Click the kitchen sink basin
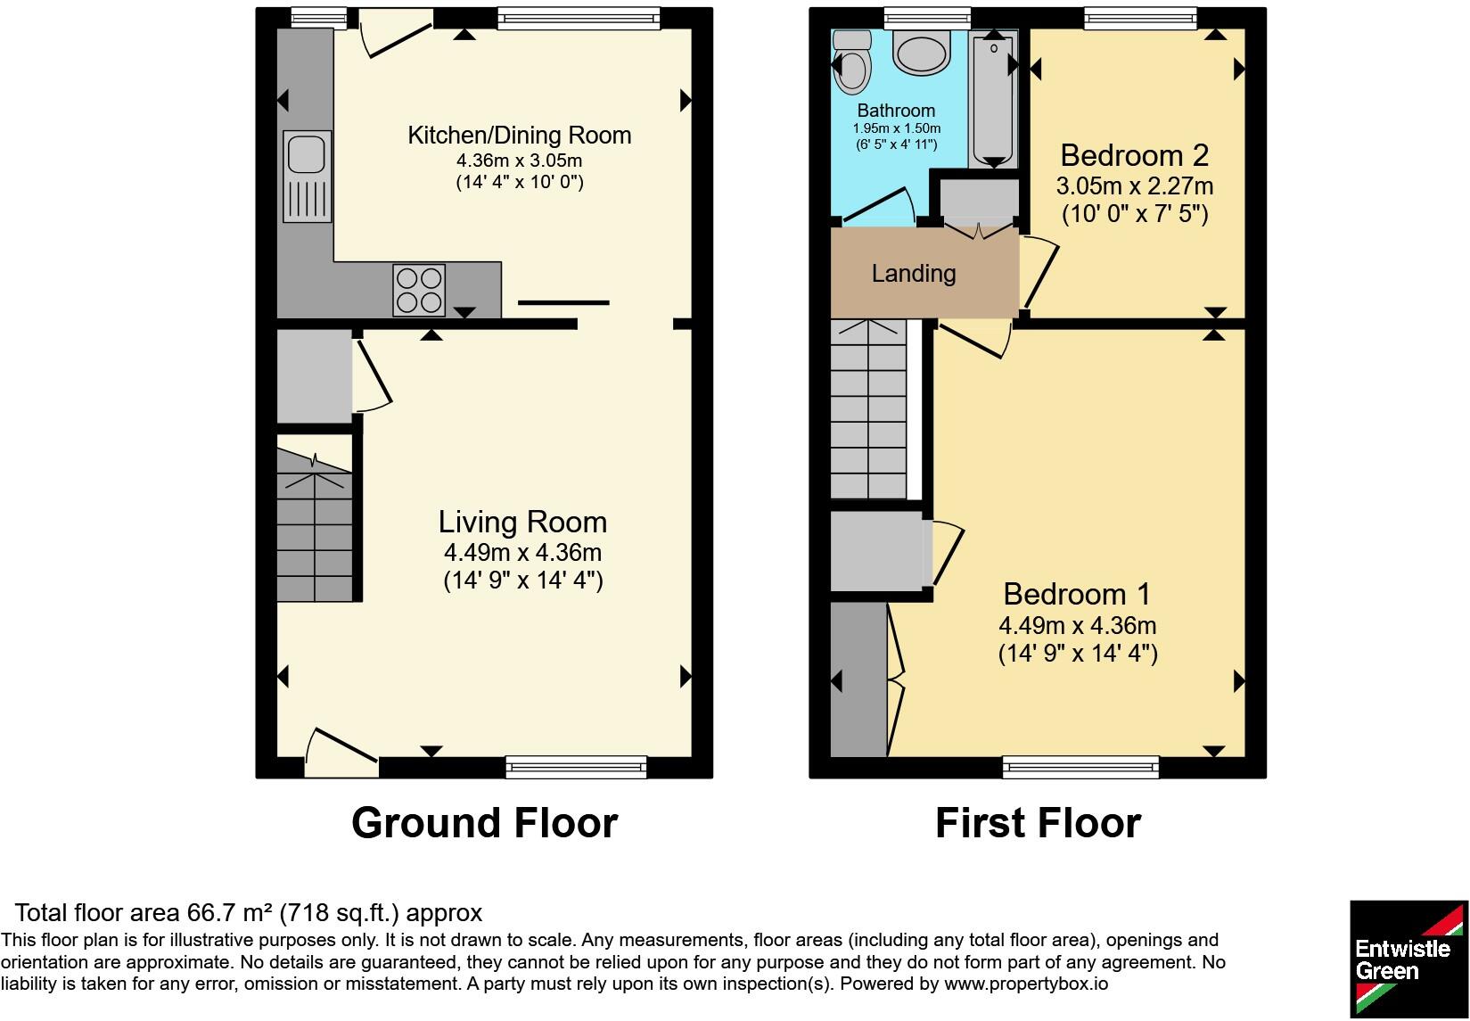pyautogui.click(x=307, y=155)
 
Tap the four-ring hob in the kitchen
pyautogui.click(x=419, y=290)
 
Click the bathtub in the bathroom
pyautogui.click(x=994, y=99)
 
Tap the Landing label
pyautogui.click(x=914, y=274)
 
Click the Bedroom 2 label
pyautogui.click(x=1134, y=156)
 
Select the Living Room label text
pyautogui.click(x=522, y=523)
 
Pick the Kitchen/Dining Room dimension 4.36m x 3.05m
pyautogui.click(x=519, y=161)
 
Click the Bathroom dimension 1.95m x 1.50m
pyautogui.click(x=897, y=128)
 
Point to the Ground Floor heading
pyautogui.click(x=484, y=823)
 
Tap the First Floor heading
pyautogui.click(x=1039, y=823)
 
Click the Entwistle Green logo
pyautogui.click(x=1408, y=959)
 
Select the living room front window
pyautogui.click(x=576, y=767)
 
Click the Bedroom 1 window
pyautogui.click(x=1080, y=767)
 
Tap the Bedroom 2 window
pyautogui.click(x=1140, y=19)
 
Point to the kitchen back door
pyautogui.click(x=396, y=33)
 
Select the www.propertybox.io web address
pyautogui.click(x=1026, y=984)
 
